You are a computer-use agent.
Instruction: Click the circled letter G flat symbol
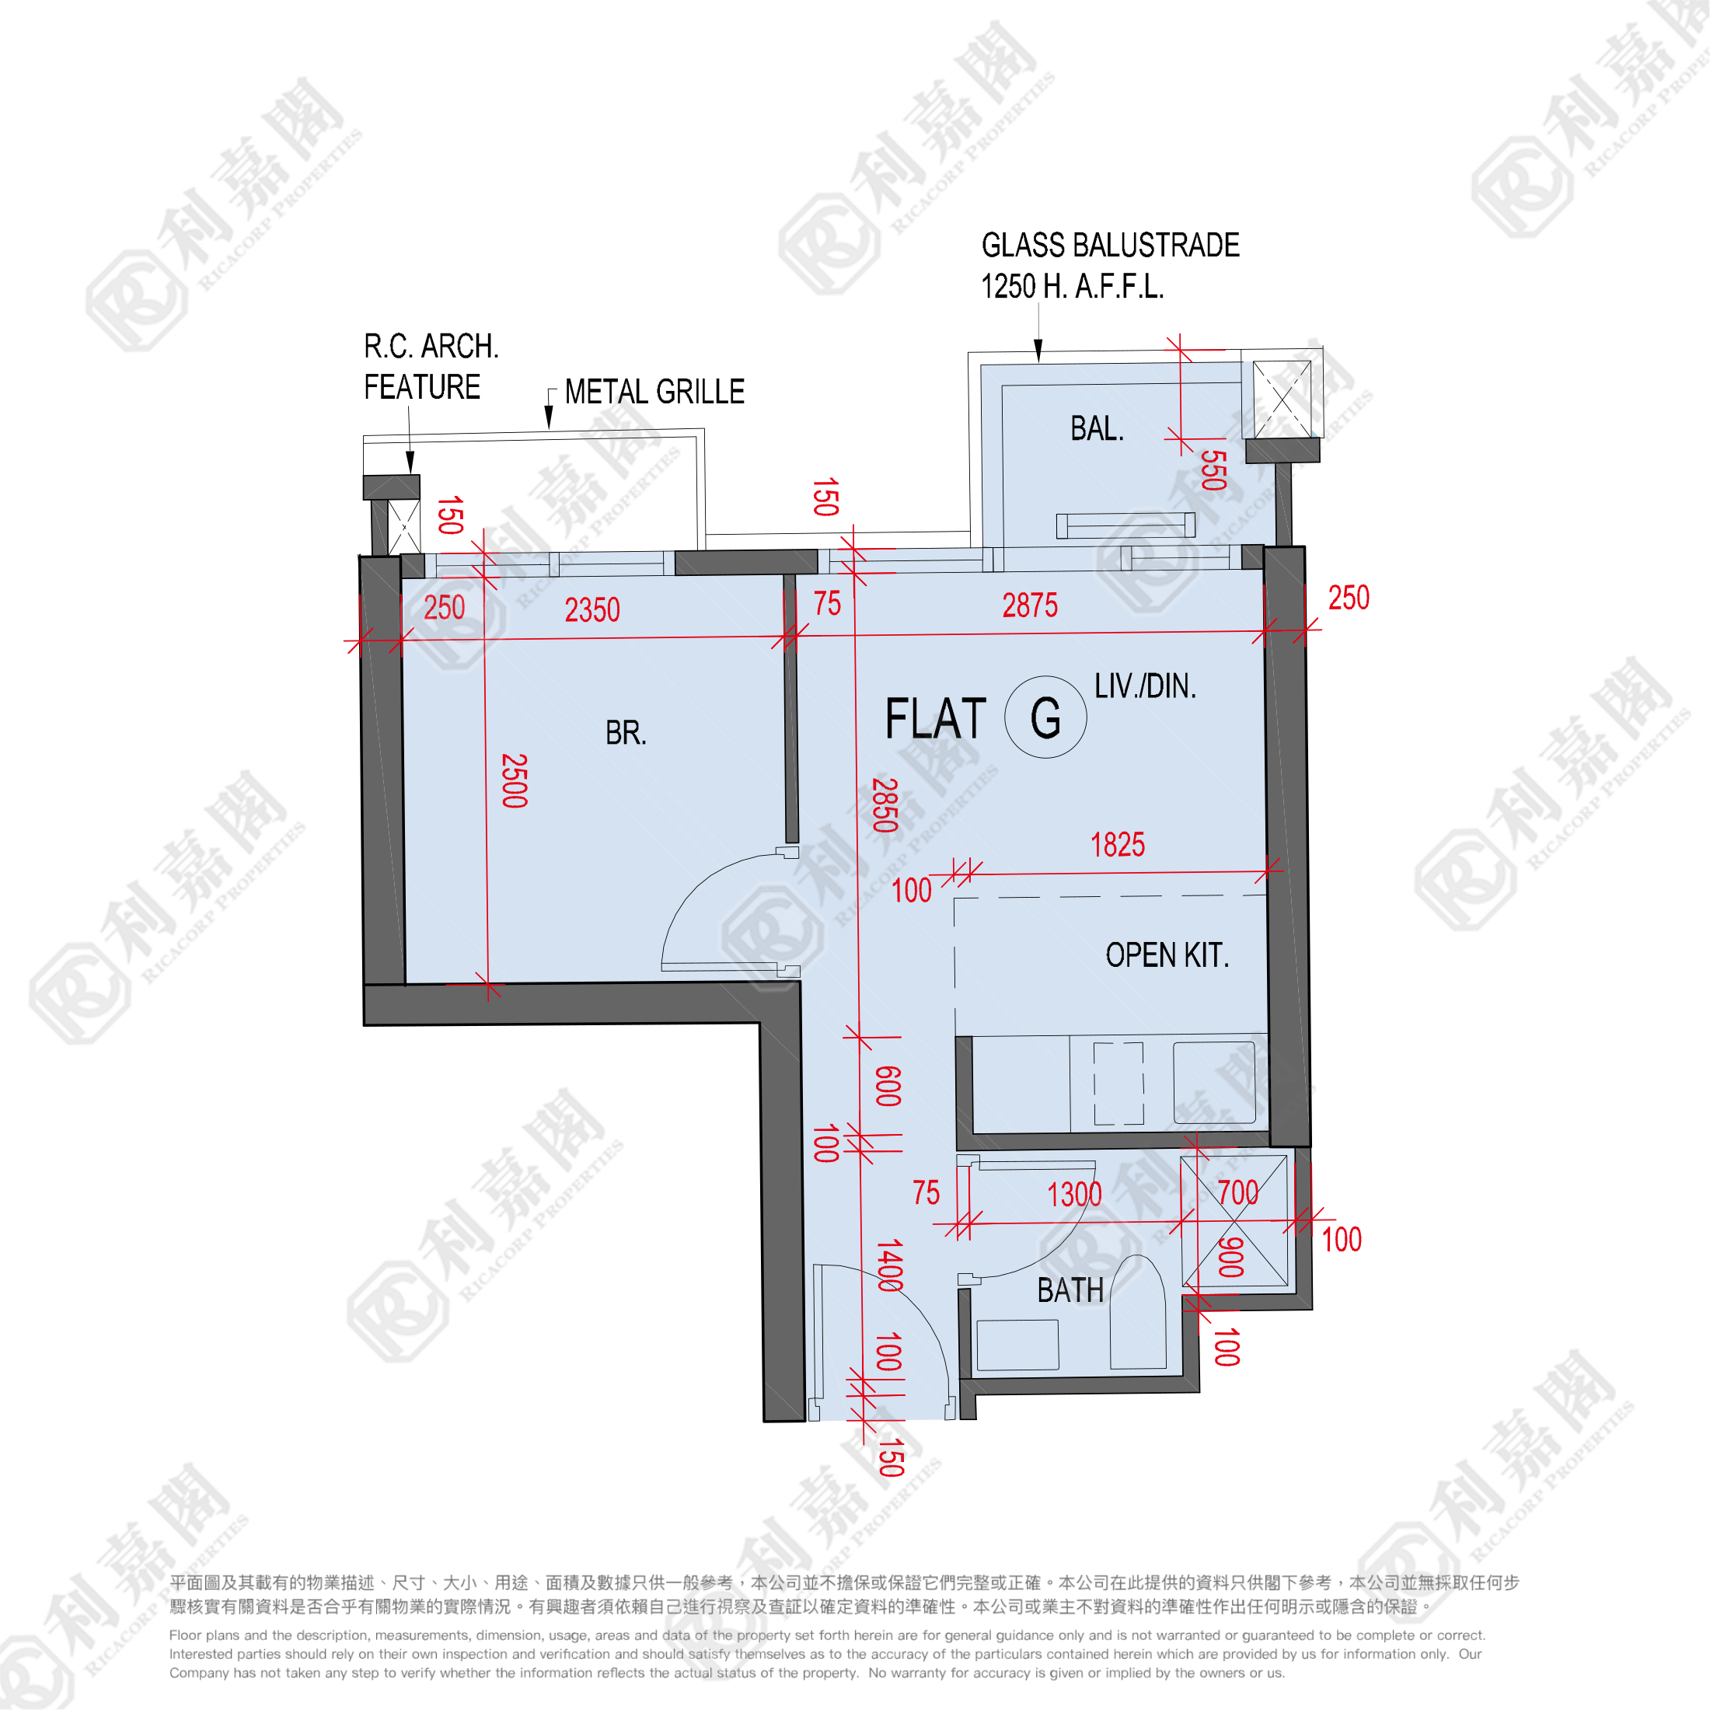1045,717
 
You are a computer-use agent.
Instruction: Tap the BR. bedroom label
626,733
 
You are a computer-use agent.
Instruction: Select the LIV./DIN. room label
1145,686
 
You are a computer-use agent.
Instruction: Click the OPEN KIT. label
1167,955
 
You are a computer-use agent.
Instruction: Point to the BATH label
1070,1290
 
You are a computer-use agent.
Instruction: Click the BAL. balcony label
1097,428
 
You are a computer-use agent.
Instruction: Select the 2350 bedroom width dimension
592,610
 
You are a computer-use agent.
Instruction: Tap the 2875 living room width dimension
1029,605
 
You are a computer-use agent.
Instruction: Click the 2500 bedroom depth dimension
515,780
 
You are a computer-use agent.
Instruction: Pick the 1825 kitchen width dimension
1117,844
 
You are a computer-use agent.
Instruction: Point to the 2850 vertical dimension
885,804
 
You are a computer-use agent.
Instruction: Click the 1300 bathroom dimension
1073,1195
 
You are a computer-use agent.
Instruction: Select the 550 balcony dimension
1213,470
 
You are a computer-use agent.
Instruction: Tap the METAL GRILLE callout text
654,391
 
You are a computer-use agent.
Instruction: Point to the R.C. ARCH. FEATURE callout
431,366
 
